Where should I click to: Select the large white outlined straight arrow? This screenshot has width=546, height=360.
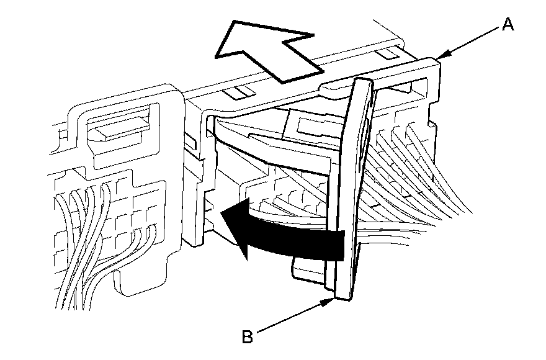[264, 50]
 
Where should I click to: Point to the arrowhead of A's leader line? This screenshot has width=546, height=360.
[439, 58]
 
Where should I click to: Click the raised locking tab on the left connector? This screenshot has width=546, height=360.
[118, 127]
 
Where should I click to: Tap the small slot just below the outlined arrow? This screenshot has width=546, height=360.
[239, 92]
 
